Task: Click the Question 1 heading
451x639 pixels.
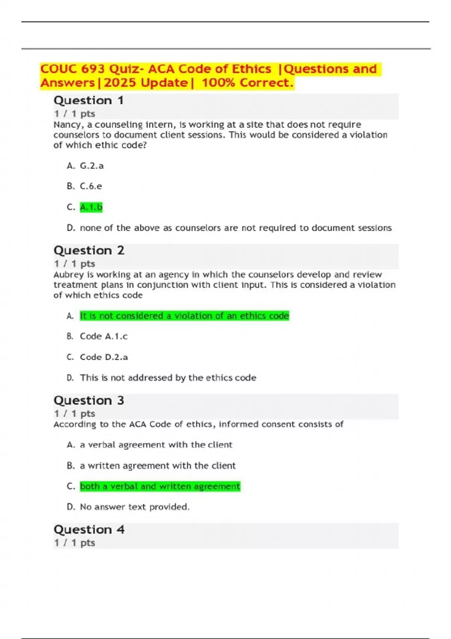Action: click(89, 101)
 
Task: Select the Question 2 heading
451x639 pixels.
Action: click(89, 251)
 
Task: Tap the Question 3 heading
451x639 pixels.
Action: click(89, 401)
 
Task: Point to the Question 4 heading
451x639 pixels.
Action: click(89, 530)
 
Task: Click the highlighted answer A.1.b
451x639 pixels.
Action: click(91, 207)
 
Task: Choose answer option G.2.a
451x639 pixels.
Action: click(92, 166)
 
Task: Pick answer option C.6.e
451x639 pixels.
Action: click(91, 186)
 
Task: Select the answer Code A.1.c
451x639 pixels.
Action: click(104, 336)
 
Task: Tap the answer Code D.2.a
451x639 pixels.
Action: click(104, 357)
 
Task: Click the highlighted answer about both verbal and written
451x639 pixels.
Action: click(160, 486)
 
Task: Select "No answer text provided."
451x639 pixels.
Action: click(135, 507)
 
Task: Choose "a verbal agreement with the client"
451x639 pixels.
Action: click(156, 445)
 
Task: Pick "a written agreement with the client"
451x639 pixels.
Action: click(157, 466)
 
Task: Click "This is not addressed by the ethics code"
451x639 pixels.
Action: click(168, 378)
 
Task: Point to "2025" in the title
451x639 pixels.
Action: click(120, 83)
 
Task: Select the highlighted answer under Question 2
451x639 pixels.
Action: click(184, 316)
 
